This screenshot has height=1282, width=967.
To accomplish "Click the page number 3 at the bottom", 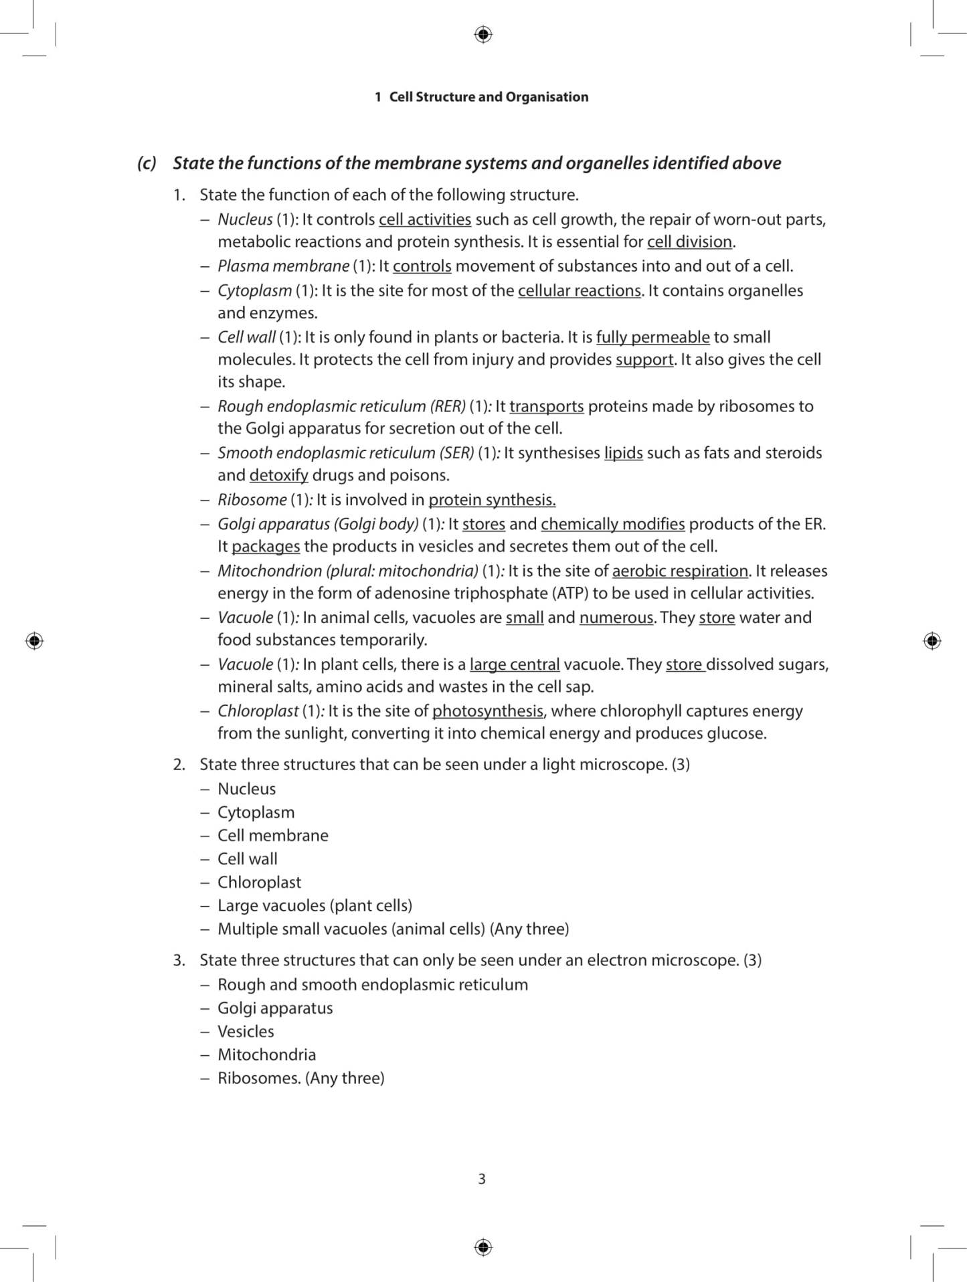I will click(x=482, y=1178).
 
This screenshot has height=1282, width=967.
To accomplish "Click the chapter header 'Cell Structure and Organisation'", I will click(x=488, y=97).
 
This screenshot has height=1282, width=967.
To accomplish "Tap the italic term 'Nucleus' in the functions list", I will click(x=245, y=219).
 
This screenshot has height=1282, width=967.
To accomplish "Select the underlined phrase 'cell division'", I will click(x=689, y=242).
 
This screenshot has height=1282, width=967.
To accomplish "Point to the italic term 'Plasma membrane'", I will click(x=283, y=266).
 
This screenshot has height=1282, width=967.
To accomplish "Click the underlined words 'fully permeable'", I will click(x=652, y=337).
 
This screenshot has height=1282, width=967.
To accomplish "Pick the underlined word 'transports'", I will click(x=546, y=406).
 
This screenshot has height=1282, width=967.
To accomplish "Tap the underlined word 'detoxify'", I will click(x=278, y=475).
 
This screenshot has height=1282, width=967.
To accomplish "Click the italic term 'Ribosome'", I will click(x=252, y=500).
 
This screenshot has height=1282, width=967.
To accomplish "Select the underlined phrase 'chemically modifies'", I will click(x=612, y=524).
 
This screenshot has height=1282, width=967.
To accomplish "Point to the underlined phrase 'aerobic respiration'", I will click(x=680, y=571).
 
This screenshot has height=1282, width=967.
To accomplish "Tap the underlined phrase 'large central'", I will click(x=514, y=664).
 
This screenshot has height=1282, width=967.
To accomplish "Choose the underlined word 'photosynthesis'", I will click(x=488, y=711).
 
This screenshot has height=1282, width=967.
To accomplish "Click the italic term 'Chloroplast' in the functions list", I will click(x=258, y=711).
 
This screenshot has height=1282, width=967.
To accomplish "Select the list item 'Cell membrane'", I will click(x=272, y=835).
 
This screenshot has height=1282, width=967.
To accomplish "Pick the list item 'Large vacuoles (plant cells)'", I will click(x=315, y=905).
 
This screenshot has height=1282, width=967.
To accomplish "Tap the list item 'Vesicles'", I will click(x=246, y=1031).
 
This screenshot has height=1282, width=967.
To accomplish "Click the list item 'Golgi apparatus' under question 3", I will click(x=275, y=1008).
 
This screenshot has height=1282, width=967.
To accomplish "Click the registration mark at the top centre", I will click(x=483, y=34).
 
